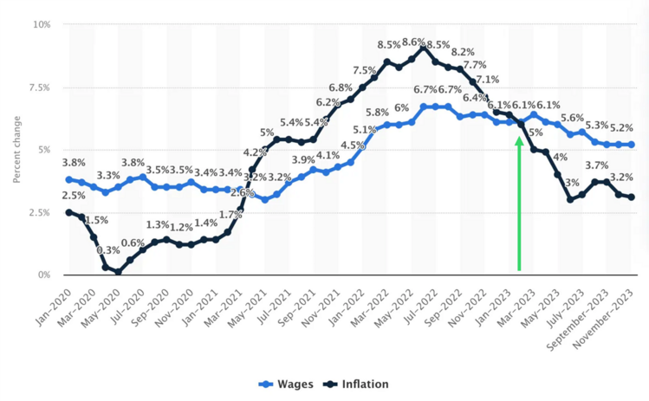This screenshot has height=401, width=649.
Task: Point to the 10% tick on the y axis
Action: coord(42,24)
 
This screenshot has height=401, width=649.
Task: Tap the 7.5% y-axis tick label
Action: coord(39,87)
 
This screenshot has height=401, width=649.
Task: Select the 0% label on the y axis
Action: coord(44,275)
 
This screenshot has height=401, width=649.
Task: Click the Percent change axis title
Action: coord(17,149)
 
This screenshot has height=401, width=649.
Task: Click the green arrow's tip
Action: coord(519,137)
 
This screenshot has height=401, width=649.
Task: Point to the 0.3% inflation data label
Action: coord(107,250)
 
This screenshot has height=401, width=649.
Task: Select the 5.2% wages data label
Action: coord(620,128)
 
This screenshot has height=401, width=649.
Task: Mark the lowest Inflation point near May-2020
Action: coord(118,272)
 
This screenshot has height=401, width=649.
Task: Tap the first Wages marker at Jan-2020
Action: coord(68,179)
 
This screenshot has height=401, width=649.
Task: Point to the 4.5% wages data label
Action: coord(353,146)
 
